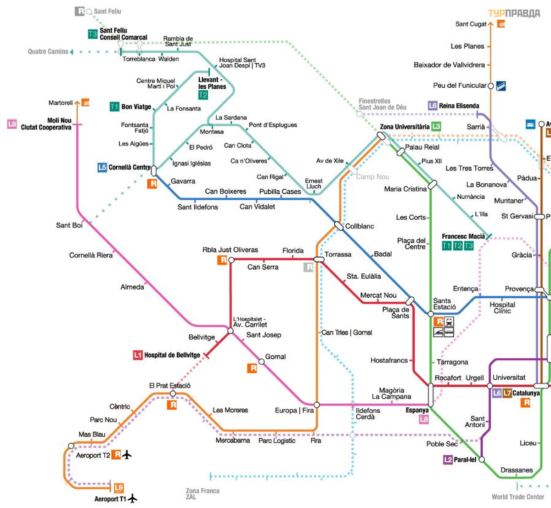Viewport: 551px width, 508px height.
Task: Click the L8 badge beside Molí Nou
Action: point(12,124)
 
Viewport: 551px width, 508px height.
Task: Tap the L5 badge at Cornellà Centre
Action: point(102,167)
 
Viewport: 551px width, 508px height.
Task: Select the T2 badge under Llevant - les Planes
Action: point(203,95)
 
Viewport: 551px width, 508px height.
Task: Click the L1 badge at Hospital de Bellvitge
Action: point(137,355)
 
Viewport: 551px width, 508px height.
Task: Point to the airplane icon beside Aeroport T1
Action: point(133,498)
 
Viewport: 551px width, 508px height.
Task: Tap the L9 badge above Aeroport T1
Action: point(118,488)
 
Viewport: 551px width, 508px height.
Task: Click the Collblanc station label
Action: point(360,226)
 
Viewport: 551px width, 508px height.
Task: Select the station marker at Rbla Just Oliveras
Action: point(231,260)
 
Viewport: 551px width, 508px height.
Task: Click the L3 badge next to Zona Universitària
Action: point(436,126)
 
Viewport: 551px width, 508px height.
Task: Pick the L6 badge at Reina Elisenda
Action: point(433,106)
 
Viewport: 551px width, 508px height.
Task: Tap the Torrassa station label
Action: point(338,254)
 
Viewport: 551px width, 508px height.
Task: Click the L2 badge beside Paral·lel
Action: point(448,459)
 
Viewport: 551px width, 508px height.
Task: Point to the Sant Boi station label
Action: point(69,225)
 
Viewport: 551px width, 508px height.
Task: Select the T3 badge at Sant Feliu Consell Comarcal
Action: point(93,34)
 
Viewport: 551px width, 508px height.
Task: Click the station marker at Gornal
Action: point(261,361)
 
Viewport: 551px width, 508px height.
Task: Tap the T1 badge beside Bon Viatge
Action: point(114,107)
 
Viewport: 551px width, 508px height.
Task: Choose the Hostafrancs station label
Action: point(389,361)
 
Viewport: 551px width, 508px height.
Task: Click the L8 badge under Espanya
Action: point(424,419)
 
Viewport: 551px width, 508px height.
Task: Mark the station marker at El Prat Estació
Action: point(173,394)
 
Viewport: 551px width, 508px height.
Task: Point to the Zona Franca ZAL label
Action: point(202,494)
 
